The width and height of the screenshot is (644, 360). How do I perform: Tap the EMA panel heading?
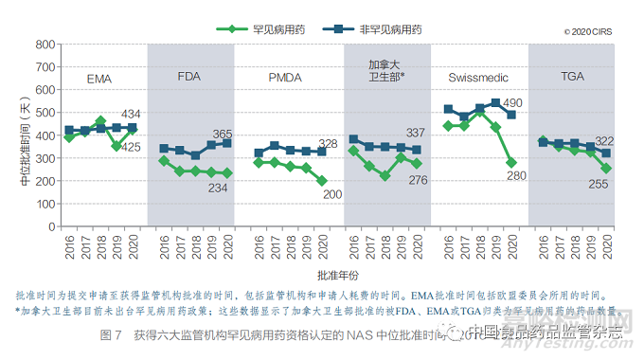pyautogui.click(x=99, y=78)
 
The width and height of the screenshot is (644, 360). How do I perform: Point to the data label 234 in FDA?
pyautogui.click(x=219, y=188)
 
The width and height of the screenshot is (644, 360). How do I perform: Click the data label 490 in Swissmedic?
pyautogui.click(x=512, y=103)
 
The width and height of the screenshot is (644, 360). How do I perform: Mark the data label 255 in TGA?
pyautogui.click(x=599, y=183)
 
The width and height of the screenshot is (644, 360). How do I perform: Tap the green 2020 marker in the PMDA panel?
pyautogui.click(x=321, y=180)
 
